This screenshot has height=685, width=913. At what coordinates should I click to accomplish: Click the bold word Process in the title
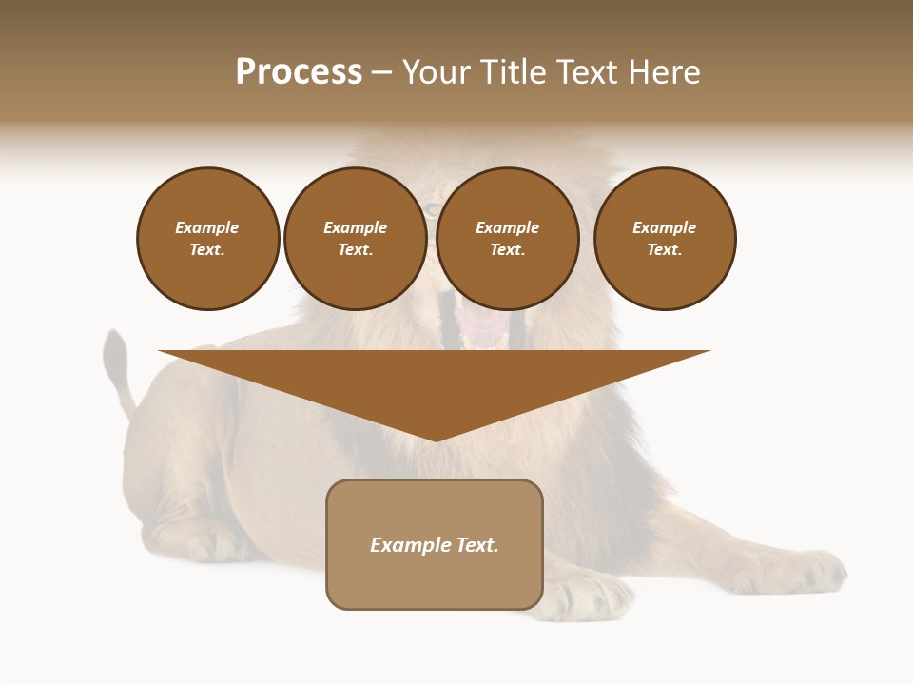pos(299,72)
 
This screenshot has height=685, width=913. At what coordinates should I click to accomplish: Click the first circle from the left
pos(208,239)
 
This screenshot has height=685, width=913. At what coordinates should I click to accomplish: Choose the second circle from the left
pos(356,239)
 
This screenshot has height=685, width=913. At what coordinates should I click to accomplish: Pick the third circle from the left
pos(508,239)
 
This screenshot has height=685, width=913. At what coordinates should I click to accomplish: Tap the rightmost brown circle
pos(665,239)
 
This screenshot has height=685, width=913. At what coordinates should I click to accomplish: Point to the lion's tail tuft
pos(115,351)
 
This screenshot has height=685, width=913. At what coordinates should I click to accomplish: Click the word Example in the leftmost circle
pos(207,228)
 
